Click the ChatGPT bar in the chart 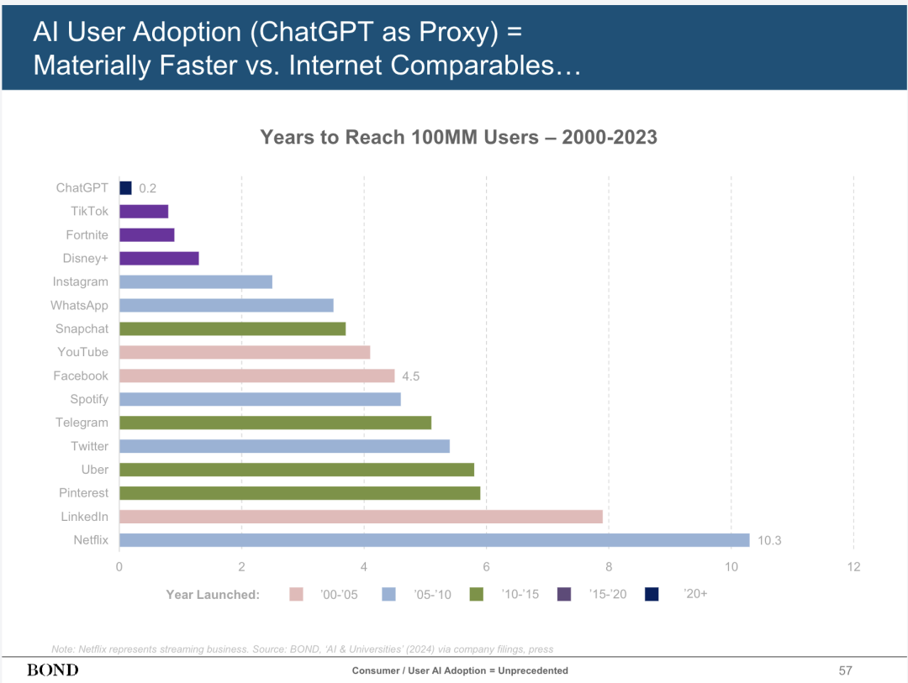click(126, 188)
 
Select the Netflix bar click(434, 540)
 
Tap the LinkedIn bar click(361, 517)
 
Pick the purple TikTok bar click(144, 212)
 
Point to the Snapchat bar click(232, 328)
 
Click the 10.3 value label click(769, 540)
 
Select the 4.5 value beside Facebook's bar click(410, 376)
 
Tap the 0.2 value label click(147, 188)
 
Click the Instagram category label click(80, 282)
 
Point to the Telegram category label click(82, 423)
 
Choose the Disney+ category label click(85, 259)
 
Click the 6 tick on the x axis click(486, 567)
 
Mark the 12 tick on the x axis click(853, 567)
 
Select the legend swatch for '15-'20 click(564, 595)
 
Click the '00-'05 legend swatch click(296, 595)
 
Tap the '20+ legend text click(695, 594)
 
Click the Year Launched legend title click(213, 595)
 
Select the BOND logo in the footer click(52, 670)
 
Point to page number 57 click(845, 670)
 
